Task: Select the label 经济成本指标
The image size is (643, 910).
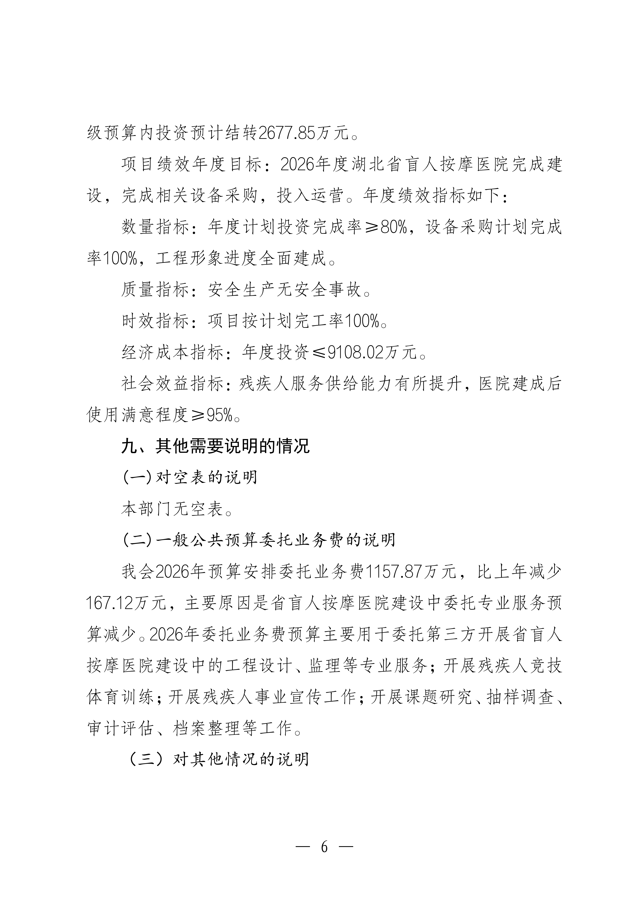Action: (x=172, y=352)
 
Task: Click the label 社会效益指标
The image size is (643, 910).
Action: (x=172, y=384)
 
